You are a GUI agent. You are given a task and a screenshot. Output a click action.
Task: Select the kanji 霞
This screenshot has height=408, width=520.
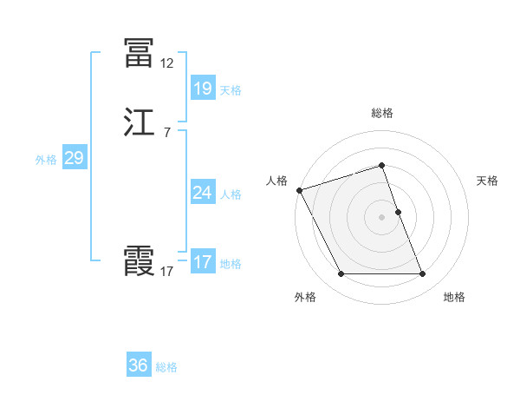click(x=139, y=261)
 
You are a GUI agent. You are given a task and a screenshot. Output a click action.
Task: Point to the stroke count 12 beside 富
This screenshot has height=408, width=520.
click(x=166, y=63)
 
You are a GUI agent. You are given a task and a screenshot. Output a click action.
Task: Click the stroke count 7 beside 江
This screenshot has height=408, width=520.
click(x=166, y=133)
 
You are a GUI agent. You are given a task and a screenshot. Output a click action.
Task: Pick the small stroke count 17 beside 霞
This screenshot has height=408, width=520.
click(x=166, y=272)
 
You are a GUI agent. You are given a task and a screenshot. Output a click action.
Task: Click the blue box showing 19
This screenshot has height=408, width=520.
click(x=202, y=88)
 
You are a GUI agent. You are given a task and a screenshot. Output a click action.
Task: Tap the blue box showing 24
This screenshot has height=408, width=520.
click(x=202, y=193)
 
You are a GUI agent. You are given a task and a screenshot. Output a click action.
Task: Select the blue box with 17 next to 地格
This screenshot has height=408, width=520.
click(x=202, y=262)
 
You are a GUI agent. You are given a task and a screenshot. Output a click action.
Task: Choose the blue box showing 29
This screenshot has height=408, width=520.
click(x=74, y=158)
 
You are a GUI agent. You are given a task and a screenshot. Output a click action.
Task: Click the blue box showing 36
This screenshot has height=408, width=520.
click(x=139, y=365)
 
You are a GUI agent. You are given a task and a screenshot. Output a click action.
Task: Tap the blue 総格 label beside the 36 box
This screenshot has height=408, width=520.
click(x=166, y=367)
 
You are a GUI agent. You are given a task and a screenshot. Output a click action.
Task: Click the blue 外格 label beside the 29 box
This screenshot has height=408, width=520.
click(x=46, y=160)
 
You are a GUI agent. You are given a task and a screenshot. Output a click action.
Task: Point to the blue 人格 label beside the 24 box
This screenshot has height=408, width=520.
click(x=231, y=194)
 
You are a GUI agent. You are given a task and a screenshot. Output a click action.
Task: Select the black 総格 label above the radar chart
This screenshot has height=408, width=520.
click(x=382, y=113)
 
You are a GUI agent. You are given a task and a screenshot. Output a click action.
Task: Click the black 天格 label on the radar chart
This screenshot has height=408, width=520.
click(x=487, y=181)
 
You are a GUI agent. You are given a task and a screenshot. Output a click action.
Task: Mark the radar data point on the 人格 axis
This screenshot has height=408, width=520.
click(x=299, y=190)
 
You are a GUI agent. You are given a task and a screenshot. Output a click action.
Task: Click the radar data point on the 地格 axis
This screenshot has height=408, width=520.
click(x=423, y=274)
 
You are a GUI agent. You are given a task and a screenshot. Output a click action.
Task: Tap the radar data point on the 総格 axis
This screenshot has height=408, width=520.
click(x=382, y=165)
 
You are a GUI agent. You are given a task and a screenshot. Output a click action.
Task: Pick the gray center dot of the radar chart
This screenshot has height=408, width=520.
click(x=382, y=217)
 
